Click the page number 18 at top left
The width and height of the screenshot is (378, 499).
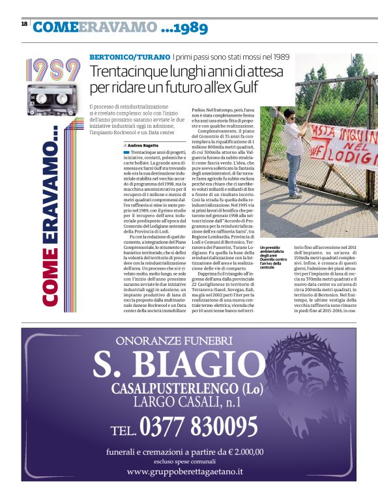pyautogui.click(x=24, y=23)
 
